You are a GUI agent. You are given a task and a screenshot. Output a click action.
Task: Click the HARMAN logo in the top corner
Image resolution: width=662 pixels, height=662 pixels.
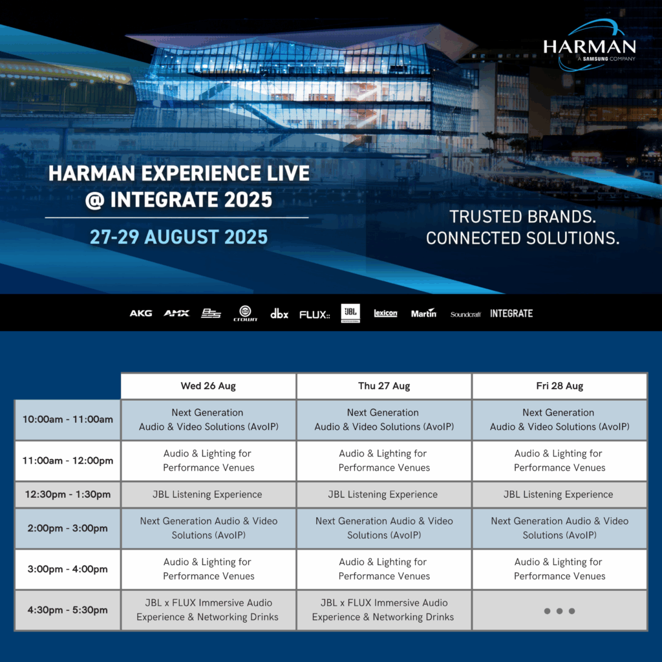click(590, 46)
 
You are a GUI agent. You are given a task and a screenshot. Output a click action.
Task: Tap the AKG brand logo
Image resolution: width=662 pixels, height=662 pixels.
click(140, 314)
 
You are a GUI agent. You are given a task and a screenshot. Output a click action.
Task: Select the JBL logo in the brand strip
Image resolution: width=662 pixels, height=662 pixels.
click(350, 314)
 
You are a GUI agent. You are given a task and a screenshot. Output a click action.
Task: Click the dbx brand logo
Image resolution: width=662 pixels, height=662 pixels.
click(279, 314)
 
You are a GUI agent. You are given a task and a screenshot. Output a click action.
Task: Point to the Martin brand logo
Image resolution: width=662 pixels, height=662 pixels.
click(423, 313)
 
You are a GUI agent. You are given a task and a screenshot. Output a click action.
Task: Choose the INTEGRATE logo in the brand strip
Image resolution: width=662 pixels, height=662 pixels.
click(511, 314)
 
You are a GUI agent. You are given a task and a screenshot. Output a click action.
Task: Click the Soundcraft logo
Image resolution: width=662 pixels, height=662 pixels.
click(465, 314)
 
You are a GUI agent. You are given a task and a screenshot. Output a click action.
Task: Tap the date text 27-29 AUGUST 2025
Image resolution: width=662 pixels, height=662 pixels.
click(178, 237)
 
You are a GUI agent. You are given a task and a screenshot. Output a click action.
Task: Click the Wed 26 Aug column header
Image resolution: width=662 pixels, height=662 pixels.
click(209, 386)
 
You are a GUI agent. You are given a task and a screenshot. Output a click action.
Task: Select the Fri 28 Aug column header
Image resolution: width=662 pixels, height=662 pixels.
click(559, 386)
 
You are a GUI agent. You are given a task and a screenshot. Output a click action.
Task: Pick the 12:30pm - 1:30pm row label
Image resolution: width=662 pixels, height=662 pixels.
click(67, 495)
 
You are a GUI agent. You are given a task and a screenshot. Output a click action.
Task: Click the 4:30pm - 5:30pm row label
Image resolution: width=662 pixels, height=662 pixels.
click(67, 610)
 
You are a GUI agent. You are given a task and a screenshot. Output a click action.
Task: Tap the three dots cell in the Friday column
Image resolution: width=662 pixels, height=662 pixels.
click(559, 610)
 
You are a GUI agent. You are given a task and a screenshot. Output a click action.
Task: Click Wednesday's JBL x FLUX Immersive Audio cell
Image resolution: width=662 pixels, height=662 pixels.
click(209, 610)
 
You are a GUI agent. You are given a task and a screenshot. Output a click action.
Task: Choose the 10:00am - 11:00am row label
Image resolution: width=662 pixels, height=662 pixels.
click(67, 420)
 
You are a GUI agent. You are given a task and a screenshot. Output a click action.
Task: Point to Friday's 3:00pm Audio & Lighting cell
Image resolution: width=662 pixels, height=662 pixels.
click(559, 569)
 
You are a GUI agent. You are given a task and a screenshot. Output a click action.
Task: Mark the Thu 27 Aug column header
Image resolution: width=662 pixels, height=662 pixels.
click(384, 386)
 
